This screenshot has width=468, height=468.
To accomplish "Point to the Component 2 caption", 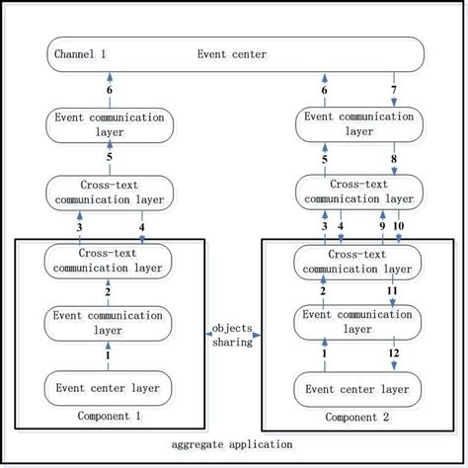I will (356, 416).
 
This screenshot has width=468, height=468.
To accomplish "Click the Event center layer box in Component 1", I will (109, 386).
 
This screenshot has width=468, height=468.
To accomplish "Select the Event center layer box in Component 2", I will (356, 386).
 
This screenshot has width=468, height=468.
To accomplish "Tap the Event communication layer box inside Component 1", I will (109, 323).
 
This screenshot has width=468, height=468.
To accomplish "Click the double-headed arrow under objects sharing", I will (234, 336).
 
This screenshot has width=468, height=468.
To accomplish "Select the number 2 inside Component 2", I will (322, 291).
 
